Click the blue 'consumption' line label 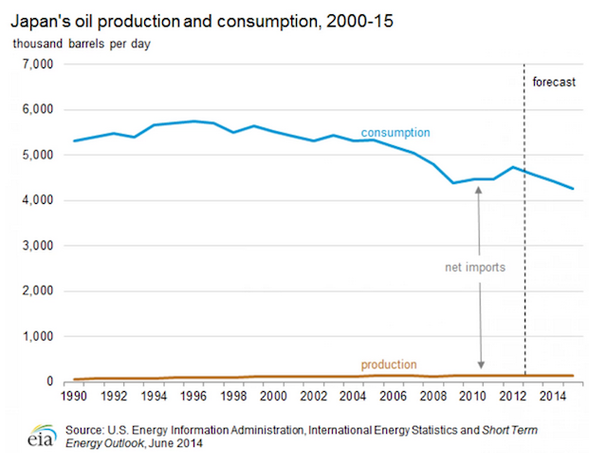[395, 132]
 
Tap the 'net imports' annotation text [474, 268]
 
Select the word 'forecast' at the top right [554, 83]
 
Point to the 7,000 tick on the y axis [35, 65]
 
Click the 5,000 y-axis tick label [35, 156]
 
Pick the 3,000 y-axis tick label [35, 246]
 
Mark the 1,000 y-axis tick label [35, 337]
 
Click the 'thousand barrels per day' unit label [82, 44]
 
